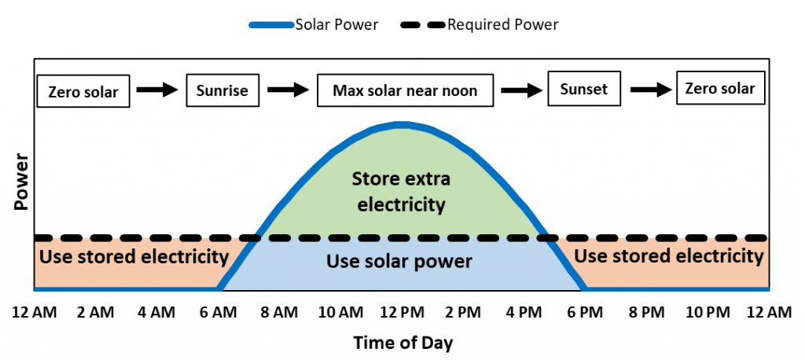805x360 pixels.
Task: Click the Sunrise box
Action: click(x=222, y=90)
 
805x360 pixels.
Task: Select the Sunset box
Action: click(x=584, y=89)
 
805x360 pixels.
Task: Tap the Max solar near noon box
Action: click(x=405, y=90)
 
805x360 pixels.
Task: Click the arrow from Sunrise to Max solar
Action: click(x=288, y=90)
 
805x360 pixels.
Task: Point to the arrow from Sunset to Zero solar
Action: click(x=650, y=89)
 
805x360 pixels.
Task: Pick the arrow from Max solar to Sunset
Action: click(x=521, y=90)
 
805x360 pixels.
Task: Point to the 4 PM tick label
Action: click(x=522, y=312)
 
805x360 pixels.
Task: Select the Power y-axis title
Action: click(x=21, y=182)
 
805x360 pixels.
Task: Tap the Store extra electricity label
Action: click(x=401, y=192)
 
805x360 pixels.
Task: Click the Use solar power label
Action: click(x=399, y=262)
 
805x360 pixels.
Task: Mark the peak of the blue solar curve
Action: click(x=403, y=125)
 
